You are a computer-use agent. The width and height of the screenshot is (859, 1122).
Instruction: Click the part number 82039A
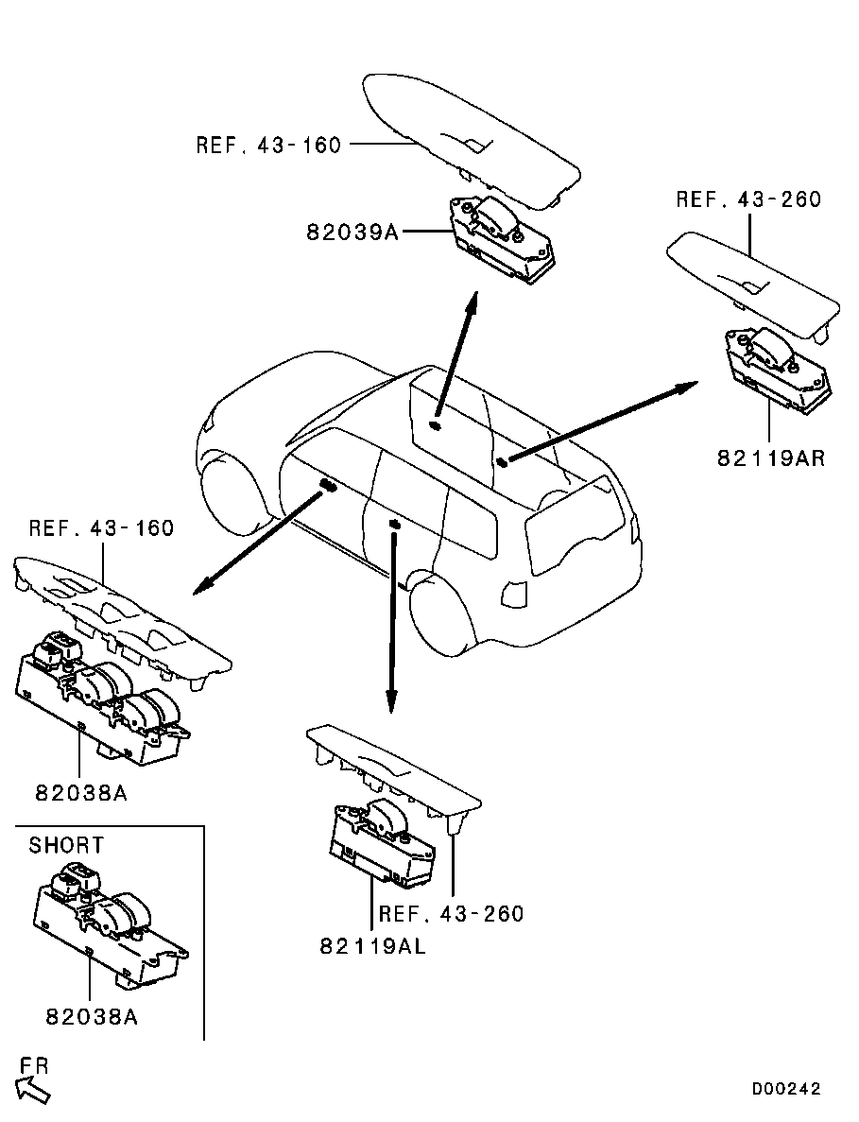click(x=352, y=233)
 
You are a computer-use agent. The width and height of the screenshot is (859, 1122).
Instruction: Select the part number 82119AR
click(x=771, y=457)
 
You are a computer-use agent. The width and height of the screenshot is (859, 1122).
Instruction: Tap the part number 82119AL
click(x=372, y=946)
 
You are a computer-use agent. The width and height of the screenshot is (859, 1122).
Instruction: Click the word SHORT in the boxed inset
click(x=66, y=845)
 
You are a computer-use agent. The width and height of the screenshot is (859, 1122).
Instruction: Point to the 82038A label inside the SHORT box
click(x=92, y=1016)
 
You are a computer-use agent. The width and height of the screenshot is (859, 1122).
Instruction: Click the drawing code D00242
click(x=786, y=1089)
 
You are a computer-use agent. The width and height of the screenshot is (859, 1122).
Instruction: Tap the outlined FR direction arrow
click(x=33, y=1091)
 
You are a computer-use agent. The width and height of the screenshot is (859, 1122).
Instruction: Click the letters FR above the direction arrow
click(x=34, y=1065)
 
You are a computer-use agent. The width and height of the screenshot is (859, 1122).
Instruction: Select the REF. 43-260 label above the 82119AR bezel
click(x=748, y=199)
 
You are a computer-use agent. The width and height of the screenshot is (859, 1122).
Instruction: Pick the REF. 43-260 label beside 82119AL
click(x=452, y=914)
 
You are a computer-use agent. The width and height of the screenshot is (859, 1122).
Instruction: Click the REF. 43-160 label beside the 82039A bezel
click(x=269, y=146)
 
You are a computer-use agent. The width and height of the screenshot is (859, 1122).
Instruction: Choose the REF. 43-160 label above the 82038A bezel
click(x=101, y=528)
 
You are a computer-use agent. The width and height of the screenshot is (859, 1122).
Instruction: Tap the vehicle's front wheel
click(x=231, y=493)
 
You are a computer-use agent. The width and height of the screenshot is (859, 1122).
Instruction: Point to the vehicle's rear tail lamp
click(x=515, y=592)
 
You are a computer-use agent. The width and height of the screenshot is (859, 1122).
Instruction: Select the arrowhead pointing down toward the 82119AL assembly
click(x=391, y=701)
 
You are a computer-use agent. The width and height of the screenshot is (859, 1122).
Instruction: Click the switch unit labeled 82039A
click(x=502, y=239)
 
